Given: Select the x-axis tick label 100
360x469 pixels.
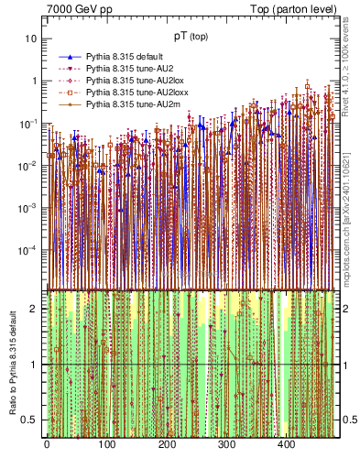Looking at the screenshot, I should click(106, 445).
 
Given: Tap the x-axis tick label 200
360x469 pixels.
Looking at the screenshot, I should click(167, 445).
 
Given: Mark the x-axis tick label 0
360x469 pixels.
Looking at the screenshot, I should click(47, 445).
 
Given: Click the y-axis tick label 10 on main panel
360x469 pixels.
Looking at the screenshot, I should click(32, 38).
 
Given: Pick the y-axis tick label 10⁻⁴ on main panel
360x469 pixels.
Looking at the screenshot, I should click(29, 249).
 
